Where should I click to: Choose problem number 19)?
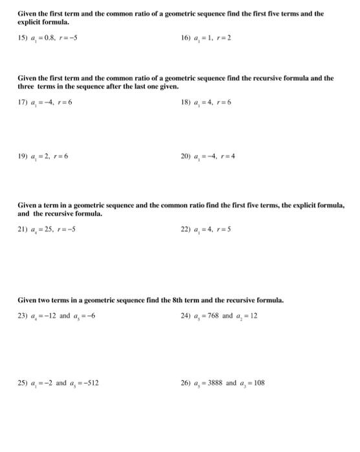[23, 156]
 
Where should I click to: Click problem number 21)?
[23, 228]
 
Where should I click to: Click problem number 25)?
[23, 382]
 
